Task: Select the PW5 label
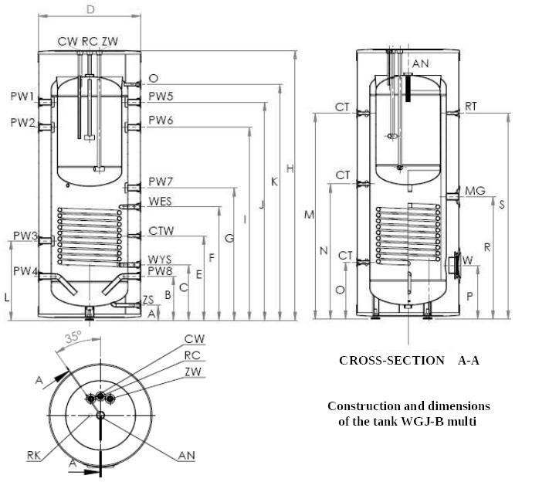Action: [x=161, y=97]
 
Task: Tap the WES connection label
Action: [x=161, y=202]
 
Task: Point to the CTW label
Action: [x=161, y=231]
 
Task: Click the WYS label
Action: [x=161, y=260]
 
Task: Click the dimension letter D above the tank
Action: [x=90, y=9]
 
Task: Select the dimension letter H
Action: [x=290, y=168]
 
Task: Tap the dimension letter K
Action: [x=274, y=182]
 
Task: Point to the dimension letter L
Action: [x=6, y=297]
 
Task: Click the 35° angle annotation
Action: [x=73, y=337]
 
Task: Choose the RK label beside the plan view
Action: [x=34, y=457]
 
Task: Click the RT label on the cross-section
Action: [x=473, y=107]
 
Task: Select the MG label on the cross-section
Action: [x=475, y=190]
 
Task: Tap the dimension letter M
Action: [x=309, y=215]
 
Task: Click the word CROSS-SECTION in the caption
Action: [x=391, y=361]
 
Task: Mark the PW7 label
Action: [x=161, y=182]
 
